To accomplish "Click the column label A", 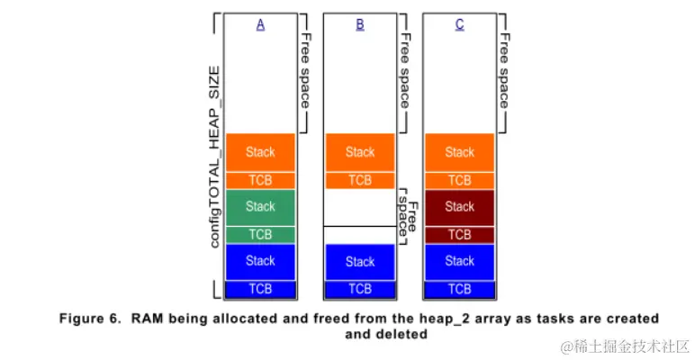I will click(260, 25).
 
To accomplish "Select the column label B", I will click(360, 25).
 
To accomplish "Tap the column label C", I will click(459, 25).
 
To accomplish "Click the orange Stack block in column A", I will click(260, 152).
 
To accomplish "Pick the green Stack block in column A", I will click(260, 207).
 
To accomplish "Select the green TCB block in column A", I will click(260, 234).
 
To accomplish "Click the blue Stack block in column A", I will click(260, 261).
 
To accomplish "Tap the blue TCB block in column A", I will click(260, 289).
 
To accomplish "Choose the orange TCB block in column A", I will click(260, 180).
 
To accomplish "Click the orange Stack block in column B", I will click(360, 152).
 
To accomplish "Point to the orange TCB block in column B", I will click(360, 180).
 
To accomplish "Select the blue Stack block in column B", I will click(360, 262).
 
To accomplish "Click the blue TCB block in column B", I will click(360, 289).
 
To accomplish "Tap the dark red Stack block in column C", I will click(459, 207).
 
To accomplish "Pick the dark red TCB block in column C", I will click(459, 234).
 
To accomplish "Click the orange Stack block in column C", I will click(459, 152).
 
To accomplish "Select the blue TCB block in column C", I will click(459, 289).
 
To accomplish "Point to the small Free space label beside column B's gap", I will click(409, 211).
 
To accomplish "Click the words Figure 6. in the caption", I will click(90, 319).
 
